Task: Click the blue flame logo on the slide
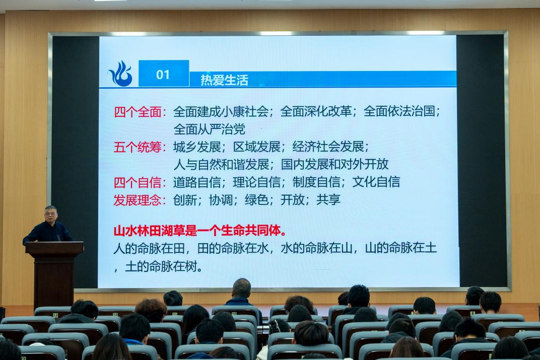[120, 74]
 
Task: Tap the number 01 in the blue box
[163, 75]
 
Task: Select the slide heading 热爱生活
[224, 80]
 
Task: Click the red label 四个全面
[138, 112]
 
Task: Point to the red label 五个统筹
[138, 147]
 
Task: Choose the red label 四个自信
[138, 182]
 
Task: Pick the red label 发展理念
[138, 200]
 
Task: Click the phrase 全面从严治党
[210, 129]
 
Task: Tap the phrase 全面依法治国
[399, 111]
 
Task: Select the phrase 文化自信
[376, 182]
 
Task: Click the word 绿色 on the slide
[257, 199]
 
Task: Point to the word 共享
[328, 199]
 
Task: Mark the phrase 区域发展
[257, 147]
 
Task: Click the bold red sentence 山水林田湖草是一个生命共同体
[200, 231]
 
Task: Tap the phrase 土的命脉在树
[161, 266]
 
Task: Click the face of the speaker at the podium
[50, 215]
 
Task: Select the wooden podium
[54, 274]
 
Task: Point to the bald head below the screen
[241, 288]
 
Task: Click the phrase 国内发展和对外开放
[335, 164]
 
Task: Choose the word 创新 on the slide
[185, 199]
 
